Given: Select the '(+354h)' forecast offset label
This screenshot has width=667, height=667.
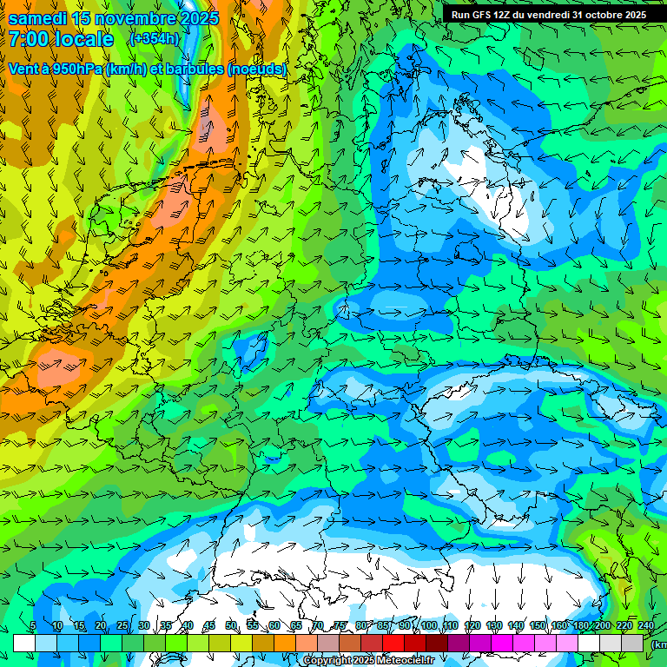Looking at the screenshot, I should (154, 39).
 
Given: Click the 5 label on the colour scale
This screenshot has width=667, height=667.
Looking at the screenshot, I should (33, 625).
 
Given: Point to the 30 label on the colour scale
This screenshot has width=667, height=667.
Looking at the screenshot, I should (143, 625).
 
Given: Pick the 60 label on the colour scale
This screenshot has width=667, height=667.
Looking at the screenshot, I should (274, 625).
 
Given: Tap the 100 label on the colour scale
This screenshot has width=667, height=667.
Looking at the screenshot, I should (429, 625).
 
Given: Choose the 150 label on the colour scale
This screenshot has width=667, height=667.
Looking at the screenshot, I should (538, 625).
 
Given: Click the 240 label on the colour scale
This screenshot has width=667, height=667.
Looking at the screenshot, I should (646, 625).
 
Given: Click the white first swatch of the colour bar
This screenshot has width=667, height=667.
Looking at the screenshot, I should (23, 643).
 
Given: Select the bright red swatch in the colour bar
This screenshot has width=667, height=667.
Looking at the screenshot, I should (393, 643).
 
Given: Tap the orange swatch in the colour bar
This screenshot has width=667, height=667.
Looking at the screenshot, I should (285, 643).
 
